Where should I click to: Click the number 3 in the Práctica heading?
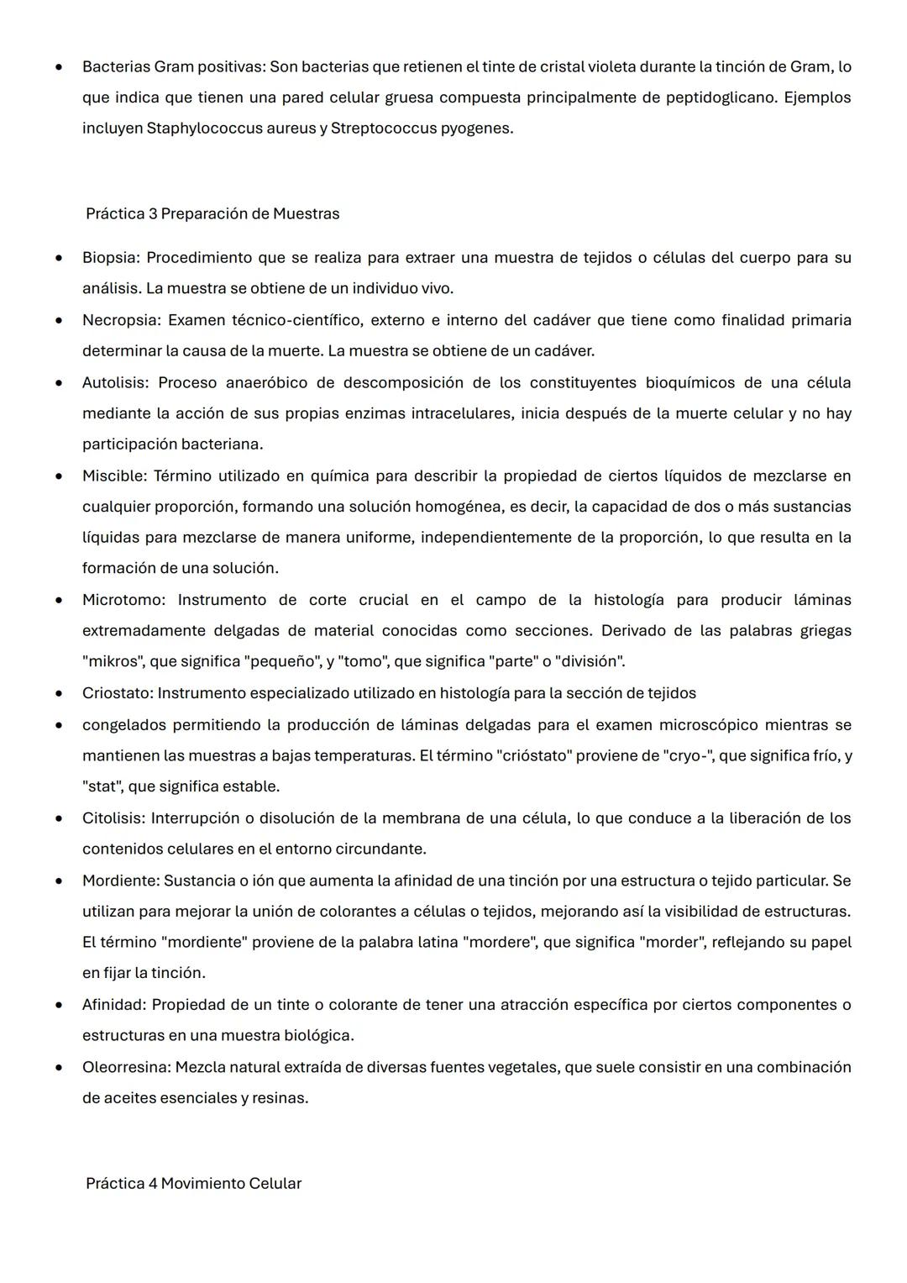(x=153, y=213)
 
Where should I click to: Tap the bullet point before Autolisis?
(x=59, y=383)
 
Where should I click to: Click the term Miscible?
(x=113, y=476)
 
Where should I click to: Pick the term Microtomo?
(x=123, y=600)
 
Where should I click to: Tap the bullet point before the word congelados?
(x=59, y=725)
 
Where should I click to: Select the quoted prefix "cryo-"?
(x=687, y=755)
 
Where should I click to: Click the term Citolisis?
(x=113, y=818)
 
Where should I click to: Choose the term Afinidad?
(x=114, y=1004)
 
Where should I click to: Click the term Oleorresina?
(x=126, y=1067)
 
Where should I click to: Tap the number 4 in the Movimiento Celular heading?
(x=153, y=1183)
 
